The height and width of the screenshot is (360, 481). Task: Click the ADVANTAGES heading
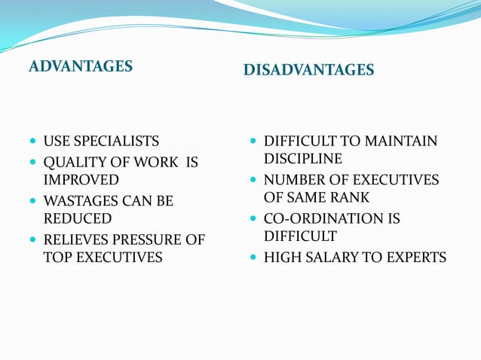click(81, 66)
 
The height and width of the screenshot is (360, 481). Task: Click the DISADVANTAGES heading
click(308, 70)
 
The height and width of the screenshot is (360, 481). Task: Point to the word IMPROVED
click(81, 179)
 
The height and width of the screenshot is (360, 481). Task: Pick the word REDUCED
click(77, 218)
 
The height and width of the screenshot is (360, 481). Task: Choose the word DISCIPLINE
click(303, 159)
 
